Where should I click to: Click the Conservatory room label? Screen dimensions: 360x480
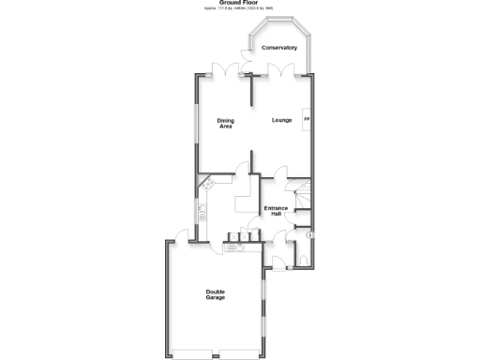click(279, 47)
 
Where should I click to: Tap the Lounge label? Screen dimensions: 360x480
click(282, 121)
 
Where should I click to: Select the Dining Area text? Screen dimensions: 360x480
click(226, 124)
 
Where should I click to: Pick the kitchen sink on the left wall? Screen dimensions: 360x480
click(201, 208)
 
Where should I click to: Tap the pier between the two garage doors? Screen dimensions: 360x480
click(215, 352)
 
